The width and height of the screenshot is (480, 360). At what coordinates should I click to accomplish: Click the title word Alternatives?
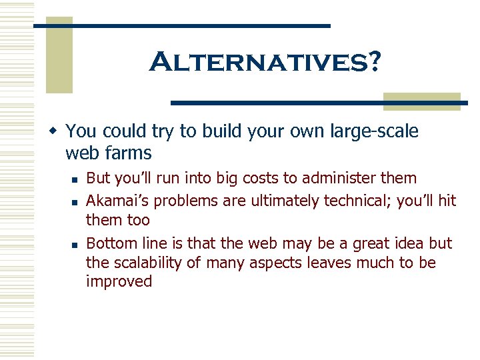(265, 63)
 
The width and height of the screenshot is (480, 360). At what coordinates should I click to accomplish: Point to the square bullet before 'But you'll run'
(77, 179)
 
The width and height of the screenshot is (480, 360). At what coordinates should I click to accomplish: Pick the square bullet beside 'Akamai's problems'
(77, 200)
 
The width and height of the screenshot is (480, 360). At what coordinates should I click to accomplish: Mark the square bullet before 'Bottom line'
(77, 243)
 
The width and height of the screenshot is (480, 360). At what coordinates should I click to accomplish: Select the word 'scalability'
(146, 263)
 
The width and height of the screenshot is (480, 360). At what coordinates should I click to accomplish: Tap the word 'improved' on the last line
(119, 282)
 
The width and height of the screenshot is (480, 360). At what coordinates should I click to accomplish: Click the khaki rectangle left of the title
(59, 55)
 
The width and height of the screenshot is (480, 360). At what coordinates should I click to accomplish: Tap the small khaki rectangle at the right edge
(422, 101)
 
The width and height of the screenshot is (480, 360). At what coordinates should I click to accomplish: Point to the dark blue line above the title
(182, 25)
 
